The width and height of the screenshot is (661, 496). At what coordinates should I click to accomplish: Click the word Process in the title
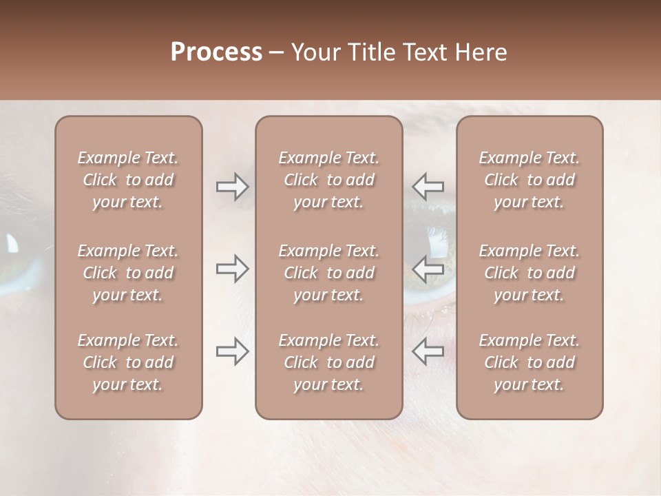click(216, 52)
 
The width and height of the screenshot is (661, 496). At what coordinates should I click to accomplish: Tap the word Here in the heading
click(482, 52)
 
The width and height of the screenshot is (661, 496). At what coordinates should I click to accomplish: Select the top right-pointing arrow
click(232, 187)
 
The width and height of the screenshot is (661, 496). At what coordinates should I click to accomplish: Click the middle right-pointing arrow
click(232, 269)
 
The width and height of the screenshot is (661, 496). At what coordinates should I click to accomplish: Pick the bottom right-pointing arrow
click(232, 351)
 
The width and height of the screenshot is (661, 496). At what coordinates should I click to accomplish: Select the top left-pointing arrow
click(428, 187)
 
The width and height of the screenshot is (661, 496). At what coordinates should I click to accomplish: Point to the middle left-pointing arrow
click(428, 269)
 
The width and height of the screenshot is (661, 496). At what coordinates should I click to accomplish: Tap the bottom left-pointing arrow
click(428, 351)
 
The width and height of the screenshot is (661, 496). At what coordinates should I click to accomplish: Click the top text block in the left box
click(128, 180)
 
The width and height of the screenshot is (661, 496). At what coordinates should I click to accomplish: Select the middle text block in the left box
click(128, 273)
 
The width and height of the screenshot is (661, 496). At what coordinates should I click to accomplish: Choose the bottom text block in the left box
click(128, 362)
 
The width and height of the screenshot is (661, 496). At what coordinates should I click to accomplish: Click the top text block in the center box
click(328, 180)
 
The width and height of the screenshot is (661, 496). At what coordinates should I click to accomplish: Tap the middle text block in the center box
click(328, 273)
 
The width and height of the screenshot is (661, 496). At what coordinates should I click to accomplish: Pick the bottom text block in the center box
click(328, 362)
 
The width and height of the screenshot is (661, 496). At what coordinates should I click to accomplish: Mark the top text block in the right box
click(529, 180)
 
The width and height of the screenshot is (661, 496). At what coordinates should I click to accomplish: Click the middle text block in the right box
click(529, 273)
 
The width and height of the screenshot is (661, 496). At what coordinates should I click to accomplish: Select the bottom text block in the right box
click(529, 362)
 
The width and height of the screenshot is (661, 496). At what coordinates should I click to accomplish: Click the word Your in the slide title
click(315, 52)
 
